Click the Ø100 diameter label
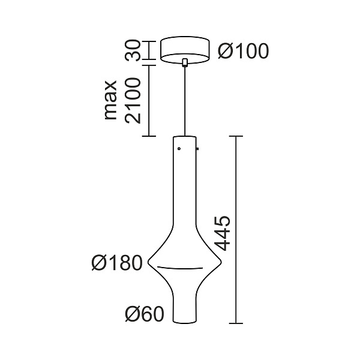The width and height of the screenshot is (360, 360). [x=243, y=51]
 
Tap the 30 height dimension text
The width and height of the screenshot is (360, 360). [x=134, y=50]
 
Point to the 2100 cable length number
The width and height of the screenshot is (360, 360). [x=133, y=100]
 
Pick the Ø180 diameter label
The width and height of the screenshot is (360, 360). [x=117, y=263]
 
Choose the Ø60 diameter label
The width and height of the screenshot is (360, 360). [x=144, y=313]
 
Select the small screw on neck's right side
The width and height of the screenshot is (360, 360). [x=196, y=148]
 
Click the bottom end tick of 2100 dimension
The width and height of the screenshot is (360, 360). [x=149, y=137]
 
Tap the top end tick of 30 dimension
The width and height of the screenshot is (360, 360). [x=149, y=40]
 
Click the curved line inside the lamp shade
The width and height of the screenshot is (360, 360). [x=185, y=267]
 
